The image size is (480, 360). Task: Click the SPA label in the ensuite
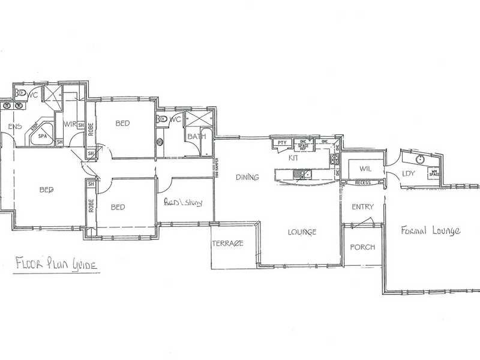pyautogui.click(x=43, y=136)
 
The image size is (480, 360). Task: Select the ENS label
pyautogui.click(x=14, y=127)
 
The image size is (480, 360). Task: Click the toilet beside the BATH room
pyautogui.click(x=162, y=119)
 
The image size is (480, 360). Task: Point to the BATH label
pyautogui.click(x=196, y=137)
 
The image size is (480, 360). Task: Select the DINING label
pyautogui.click(x=247, y=177)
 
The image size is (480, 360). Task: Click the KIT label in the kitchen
pyautogui.click(x=293, y=158)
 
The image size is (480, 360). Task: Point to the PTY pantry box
pyautogui.click(x=282, y=143)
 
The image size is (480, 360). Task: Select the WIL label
pyautogui.click(x=362, y=169)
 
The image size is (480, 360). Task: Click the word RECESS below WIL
pyautogui.click(x=362, y=182)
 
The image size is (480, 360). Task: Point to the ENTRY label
pyautogui.click(x=362, y=207)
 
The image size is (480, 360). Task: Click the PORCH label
pyautogui.click(x=362, y=247)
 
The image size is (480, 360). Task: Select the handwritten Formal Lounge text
pyautogui.click(x=430, y=230)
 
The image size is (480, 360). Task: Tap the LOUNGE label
pyautogui.click(x=302, y=232)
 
